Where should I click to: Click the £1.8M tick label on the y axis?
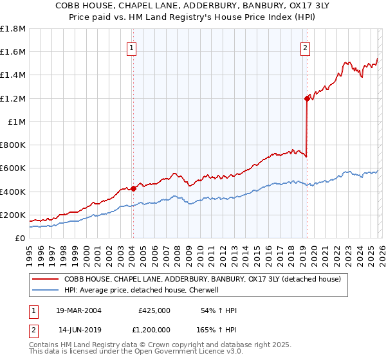pos(13,29)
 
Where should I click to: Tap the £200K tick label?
pos(13,215)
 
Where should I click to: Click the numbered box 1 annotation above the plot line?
pos(131,47)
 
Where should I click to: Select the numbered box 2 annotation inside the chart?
pos(304,47)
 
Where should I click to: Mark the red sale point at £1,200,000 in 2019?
pos(307,98)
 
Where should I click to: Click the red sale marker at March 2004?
pos(133,188)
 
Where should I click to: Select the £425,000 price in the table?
pos(154,310)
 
